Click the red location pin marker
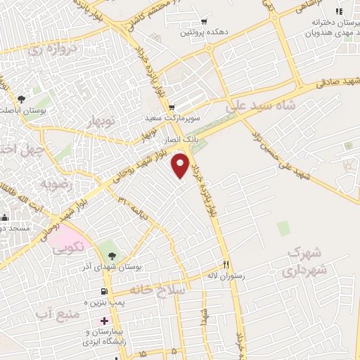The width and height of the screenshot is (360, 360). coord(181,165)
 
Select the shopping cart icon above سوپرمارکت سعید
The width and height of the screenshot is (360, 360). coord(172,108)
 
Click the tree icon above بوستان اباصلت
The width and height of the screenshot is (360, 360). coord(20,99)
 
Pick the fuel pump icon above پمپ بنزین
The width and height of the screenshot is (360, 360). coord(104,291)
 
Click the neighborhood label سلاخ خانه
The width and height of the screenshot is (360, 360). coord(163,290)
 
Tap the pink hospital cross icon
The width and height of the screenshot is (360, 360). coord(104,321)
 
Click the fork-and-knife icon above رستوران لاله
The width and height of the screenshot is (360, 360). coord(226,265)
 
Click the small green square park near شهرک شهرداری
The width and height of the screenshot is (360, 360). coord(283,228)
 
